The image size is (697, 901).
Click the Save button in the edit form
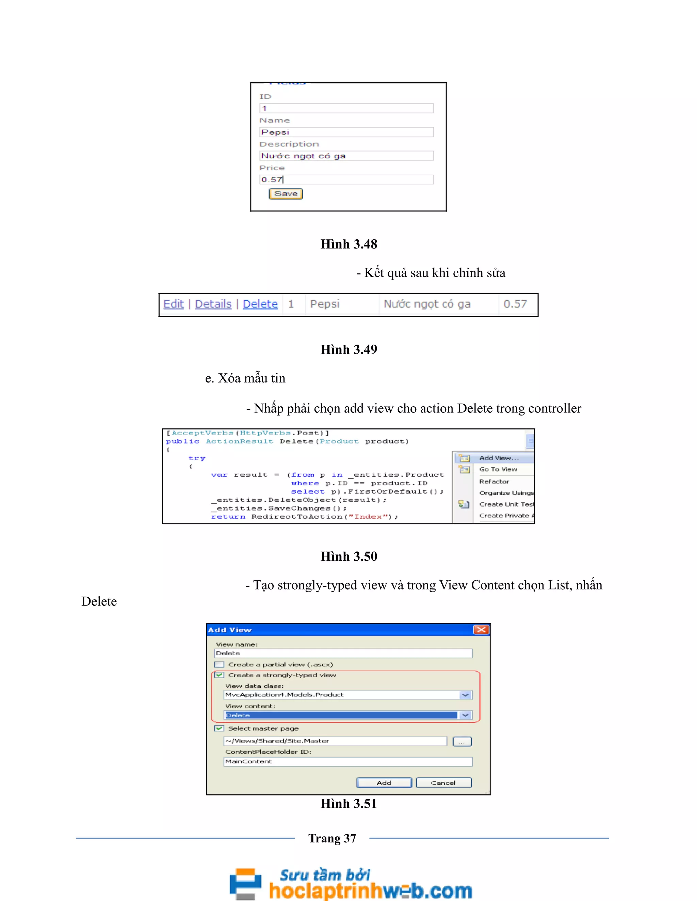pyautogui.click(x=286, y=194)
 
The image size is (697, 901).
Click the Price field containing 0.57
pyautogui.click(x=346, y=180)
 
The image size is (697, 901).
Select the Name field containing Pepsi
pyautogui.click(x=346, y=132)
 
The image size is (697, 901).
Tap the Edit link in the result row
pyautogui.click(x=174, y=304)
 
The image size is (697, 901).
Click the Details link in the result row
pyautogui.click(x=213, y=304)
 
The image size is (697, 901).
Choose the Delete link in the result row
pyautogui.click(x=260, y=304)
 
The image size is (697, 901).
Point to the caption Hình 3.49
pyautogui.click(x=349, y=350)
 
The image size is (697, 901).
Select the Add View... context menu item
pyautogui.click(x=499, y=458)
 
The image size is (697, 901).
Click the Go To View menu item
pyautogui.click(x=498, y=470)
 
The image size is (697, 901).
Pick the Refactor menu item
pyautogui.click(x=494, y=481)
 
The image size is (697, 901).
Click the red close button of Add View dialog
pyautogui.click(x=481, y=630)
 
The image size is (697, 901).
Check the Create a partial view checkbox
pyautogui.click(x=219, y=665)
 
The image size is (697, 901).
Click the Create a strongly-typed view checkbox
pyautogui.click(x=219, y=675)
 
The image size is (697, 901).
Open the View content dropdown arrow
pyautogui.click(x=465, y=715)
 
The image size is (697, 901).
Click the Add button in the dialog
pyautogui.click(x=384, y=783)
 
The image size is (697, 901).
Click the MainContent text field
pyautogui.click(x=348, y=762)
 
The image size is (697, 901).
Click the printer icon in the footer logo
pyautogui.click(x=246, y=883)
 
